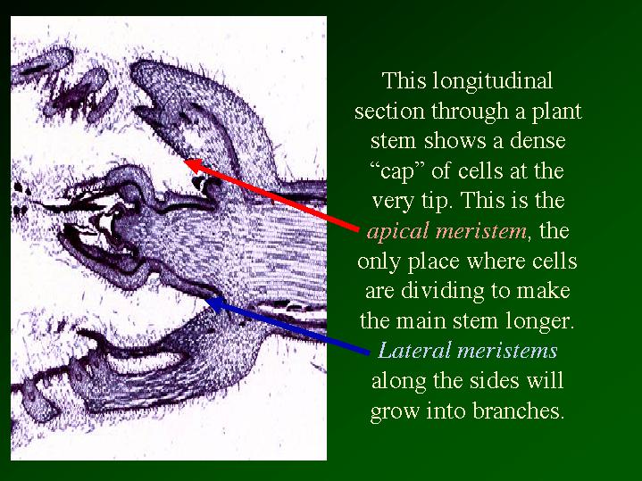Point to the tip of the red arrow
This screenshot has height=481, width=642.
coord(184,161)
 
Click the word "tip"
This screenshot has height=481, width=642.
coord(442,202)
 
